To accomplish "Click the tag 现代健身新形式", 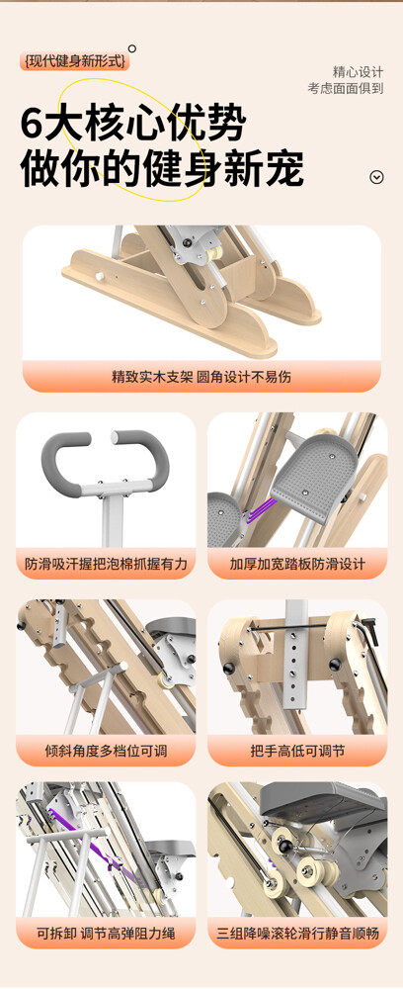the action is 74,61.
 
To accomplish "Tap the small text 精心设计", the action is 358,72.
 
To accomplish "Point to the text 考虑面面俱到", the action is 345,88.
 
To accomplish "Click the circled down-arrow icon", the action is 376,177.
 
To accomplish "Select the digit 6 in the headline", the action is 32,124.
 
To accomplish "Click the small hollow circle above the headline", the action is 132,48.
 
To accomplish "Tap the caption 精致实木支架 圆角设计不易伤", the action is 201,378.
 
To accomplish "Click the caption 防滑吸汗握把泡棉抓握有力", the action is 106,564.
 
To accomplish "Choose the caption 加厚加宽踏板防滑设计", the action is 297,564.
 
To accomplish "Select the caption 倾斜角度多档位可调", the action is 106,752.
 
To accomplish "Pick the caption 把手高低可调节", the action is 297,752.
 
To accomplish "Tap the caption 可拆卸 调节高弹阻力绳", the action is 106,933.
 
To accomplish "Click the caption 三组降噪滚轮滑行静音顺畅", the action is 297,933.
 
